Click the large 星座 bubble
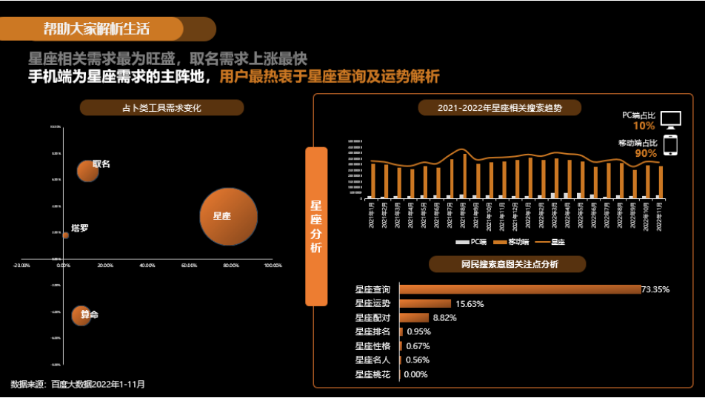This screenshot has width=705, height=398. (x=228, y=217)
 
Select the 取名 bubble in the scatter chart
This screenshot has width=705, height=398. (x=88, y=171)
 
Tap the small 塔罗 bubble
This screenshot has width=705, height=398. (x=65, y=235)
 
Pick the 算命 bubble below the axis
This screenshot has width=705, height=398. (x=82, y=315)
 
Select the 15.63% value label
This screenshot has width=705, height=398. (x=470, y=303)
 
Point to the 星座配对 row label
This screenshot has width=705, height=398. (x=372, y=317)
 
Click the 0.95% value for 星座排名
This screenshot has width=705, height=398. (x=418, y=331)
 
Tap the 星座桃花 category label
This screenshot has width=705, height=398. (x=372, y=374)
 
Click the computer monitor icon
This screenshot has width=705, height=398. (x=670, y=120)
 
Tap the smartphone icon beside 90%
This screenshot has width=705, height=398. (x=669, y=145)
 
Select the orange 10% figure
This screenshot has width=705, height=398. (x=644, y=126)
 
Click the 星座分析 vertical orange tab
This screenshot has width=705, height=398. (x=316, y=226)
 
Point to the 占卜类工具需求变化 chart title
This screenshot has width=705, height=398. (x=161, y=108)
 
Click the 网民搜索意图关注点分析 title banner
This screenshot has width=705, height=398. (x=508, y=264)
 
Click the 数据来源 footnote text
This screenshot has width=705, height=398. (x=78, y=385)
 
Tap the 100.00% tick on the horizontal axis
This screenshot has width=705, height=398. (x=273, y=265)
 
